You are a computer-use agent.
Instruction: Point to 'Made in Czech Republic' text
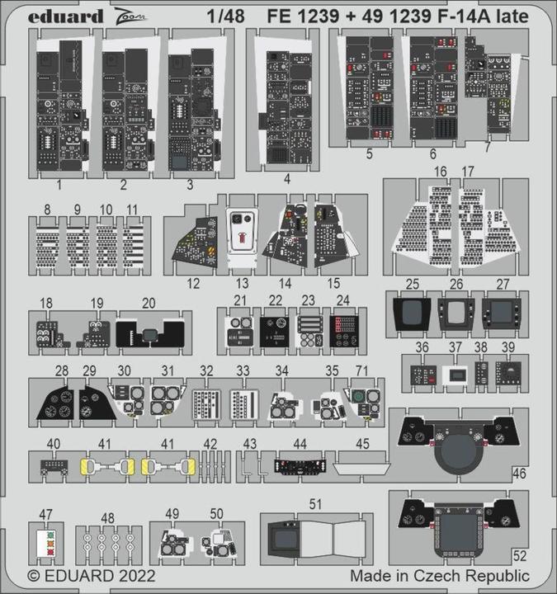(439, 575)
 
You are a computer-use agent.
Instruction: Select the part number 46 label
(518, 474)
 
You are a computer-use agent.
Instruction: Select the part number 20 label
(149, 303)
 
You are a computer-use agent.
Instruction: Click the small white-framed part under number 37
(455, 375)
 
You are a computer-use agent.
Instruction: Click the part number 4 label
(286, 177)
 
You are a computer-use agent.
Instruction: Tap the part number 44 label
(301, 444)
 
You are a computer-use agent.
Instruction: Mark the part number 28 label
(61, 370)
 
